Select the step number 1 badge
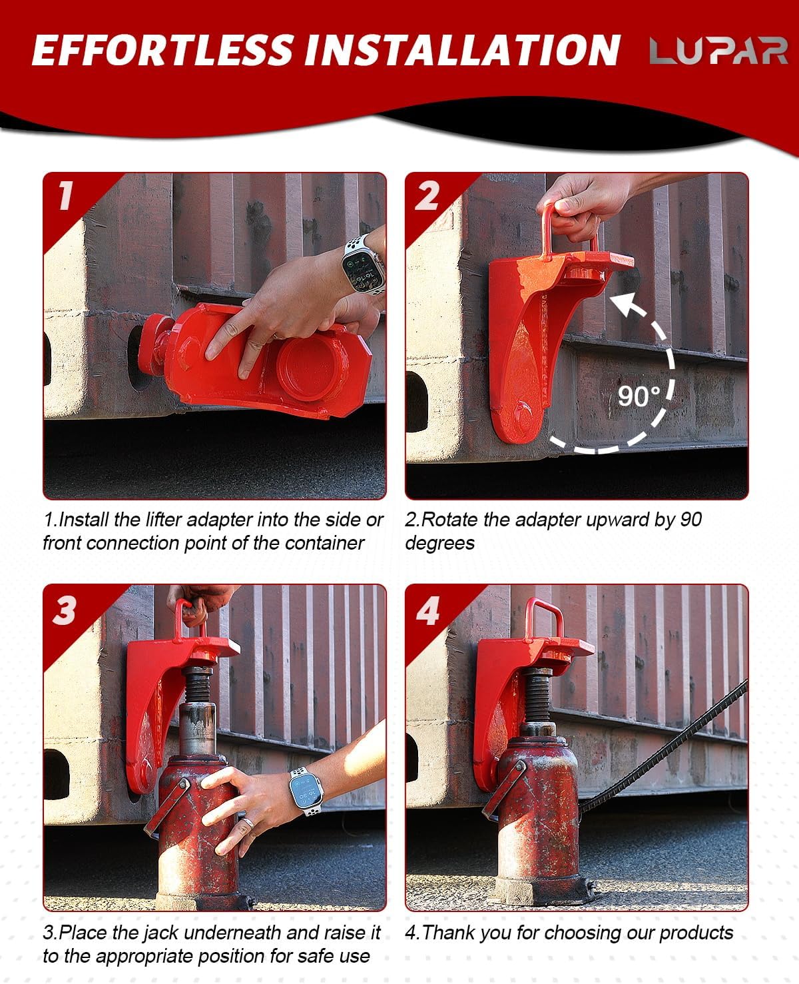point(65,196)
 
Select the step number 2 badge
point(427,196)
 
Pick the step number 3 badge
point(65,610)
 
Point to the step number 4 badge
point(427,610)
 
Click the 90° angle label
point(639,396)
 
